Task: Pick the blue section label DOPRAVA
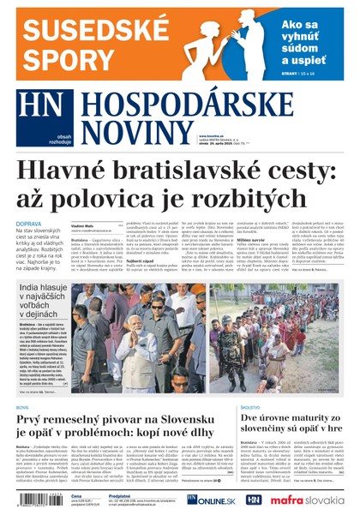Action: tap(27, 225)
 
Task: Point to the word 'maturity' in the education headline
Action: tap(316, 420)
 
